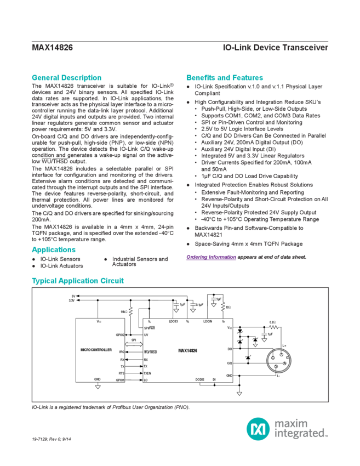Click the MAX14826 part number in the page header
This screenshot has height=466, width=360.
[52, 48]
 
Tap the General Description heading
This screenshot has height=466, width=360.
[66, 78]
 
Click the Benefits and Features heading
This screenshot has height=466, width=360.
[225, 78]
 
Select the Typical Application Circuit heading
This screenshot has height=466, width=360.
[77, 280]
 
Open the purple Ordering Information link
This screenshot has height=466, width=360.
[211, 257]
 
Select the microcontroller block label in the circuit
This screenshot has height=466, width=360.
[96, 349]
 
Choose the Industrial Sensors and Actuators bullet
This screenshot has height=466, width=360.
[139, 261]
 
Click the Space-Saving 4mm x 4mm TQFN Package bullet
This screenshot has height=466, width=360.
[249, 243]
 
